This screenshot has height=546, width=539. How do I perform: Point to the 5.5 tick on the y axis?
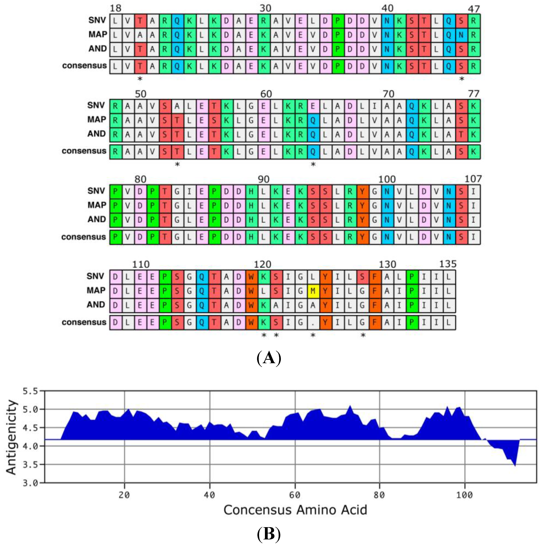tap(30, 391)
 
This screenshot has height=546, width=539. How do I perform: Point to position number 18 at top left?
tap(115, 8)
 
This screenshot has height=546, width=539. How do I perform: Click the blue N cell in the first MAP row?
tap(461, 35)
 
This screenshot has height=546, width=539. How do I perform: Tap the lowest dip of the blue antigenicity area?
tap(515, 465)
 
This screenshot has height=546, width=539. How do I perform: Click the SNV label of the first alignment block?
tap(97, 20)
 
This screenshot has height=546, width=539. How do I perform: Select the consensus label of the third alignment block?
tap(83, 237)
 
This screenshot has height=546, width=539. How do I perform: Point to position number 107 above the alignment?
tap(473, 179)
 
